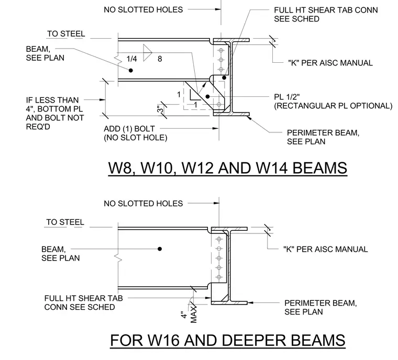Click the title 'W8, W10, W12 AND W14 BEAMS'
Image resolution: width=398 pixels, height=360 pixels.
(228, 168)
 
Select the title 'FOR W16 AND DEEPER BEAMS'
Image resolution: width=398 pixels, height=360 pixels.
(228, 340)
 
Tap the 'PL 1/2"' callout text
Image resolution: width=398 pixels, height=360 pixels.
(287, 97)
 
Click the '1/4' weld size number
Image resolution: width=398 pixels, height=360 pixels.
(132, 59)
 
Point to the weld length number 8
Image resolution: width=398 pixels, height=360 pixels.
(160, 59)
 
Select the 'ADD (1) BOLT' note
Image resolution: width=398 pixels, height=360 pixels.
(129, 129)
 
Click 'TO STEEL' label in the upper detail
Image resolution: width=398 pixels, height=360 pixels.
(66, 33)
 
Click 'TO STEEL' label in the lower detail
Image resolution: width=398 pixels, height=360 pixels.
(65, 222)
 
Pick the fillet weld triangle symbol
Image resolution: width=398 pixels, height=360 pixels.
(147, 53)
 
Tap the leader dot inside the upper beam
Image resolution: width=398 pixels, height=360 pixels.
(131, 70)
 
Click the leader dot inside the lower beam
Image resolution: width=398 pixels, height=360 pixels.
(160, 249)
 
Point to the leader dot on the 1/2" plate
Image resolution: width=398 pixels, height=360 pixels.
(207, 96)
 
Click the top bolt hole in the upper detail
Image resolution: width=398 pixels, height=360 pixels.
(221, 50)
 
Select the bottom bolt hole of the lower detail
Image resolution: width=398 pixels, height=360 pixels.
(219, 277)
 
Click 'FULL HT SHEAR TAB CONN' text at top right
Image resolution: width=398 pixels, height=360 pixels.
(326, 10)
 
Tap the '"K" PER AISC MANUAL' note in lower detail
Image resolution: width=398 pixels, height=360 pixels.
(326, 249)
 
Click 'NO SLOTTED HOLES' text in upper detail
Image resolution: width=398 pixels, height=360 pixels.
(143, 10)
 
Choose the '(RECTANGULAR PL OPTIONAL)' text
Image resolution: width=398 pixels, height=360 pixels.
(333, 106)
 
